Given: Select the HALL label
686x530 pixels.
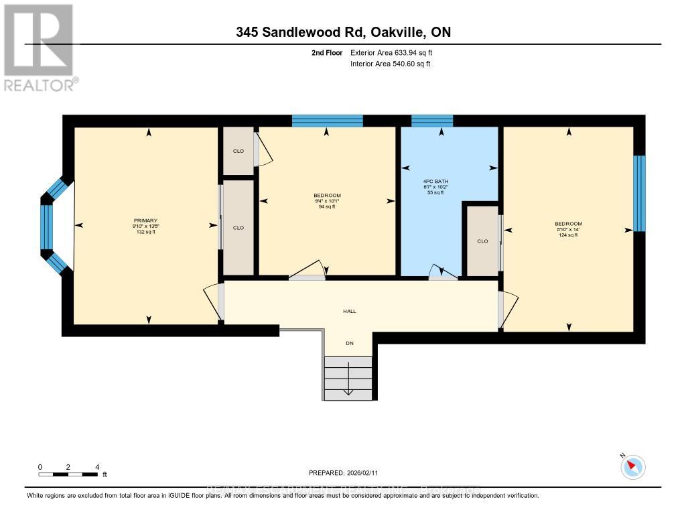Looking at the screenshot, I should click(350, 311).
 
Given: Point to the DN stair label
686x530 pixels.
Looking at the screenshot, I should click(349, 344).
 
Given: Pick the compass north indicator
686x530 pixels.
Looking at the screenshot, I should click(632, 466).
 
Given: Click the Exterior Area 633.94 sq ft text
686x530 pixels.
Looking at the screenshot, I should click(395, 52).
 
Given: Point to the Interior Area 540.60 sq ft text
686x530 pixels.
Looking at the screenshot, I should click(390, 64).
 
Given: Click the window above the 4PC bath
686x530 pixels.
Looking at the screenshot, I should click(431, 121).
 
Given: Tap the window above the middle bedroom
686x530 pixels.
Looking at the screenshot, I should click(327, 121).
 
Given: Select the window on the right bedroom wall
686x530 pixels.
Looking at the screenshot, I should click(639, 194).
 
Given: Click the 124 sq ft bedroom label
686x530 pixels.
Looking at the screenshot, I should click(568, 229).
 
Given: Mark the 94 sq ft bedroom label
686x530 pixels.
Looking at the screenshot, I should click(326, 201).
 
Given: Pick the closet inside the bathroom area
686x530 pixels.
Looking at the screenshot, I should click(482, 241).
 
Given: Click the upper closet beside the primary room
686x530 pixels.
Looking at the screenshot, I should click(238, 151).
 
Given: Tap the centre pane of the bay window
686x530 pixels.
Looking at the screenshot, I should click(46, 226).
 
